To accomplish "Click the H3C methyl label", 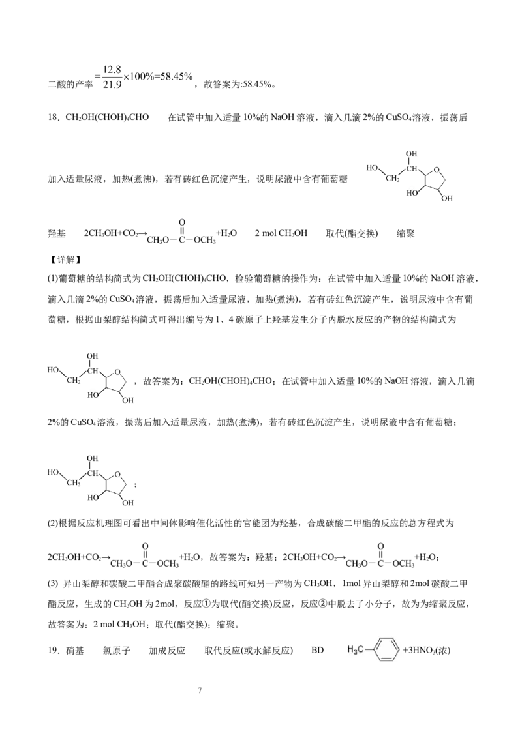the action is [x=356, y=649].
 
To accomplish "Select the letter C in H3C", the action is [x=361, y=649].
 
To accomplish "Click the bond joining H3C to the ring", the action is [x=369, y=649].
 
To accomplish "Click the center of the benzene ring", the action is [x=386, y=649].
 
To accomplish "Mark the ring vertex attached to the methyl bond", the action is [x=375, y=649].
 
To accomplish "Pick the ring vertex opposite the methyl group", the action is [x=398, y=649].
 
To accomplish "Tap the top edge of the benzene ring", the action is [x=386, y=638].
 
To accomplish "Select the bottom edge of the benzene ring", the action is [x=386, y=659].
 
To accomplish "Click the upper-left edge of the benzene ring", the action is [x=378, y=643].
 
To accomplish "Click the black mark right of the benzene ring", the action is [x=405, y=649].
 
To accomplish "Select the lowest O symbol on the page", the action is [x=117, y=475].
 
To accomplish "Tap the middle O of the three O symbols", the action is [x=117, y=372].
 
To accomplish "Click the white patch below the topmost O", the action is [x=412, y=188].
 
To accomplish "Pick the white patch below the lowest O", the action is [x=93, y=494].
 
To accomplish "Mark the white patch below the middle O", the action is [x=93, y=391].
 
